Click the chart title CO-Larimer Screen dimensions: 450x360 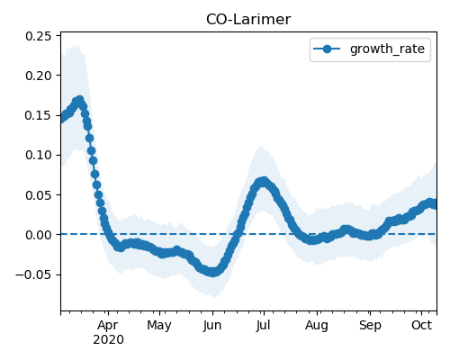point(248,20)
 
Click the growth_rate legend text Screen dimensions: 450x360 point(387,49)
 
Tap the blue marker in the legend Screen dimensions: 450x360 point(327,49)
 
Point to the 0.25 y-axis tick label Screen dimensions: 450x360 point(39,36)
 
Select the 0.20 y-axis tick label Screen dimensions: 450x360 point(39,76)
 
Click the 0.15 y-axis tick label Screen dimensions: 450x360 point(39,115)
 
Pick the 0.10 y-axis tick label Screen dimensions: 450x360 point(39,155)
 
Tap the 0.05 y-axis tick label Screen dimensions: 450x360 point(39,195)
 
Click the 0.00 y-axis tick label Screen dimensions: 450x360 point(39,235)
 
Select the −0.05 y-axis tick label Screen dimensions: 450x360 point(33,274)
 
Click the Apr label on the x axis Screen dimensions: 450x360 point(108,325)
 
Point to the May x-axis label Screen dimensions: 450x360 point(159,325)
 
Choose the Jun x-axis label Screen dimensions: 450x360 point(212,325)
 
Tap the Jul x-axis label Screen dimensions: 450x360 point(264,325)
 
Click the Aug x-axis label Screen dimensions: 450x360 point(317,325)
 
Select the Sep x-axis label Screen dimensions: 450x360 point(370,325)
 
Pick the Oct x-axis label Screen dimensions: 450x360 point(421,325)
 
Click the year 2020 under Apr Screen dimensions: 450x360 point(108,340)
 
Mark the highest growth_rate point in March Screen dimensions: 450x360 point(79,100)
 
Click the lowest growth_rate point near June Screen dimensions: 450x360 point(212,272)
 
